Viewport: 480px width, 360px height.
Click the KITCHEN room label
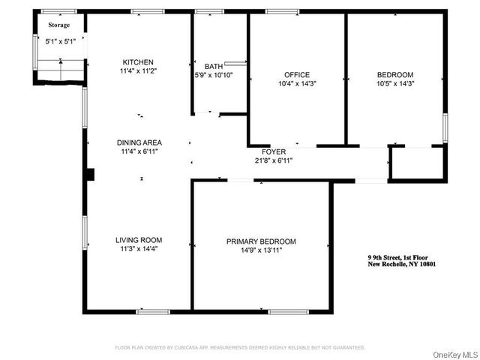(x=139, y=61)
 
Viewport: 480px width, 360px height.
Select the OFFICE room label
(x=297, y=74)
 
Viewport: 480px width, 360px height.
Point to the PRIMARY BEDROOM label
(x=261, y=241)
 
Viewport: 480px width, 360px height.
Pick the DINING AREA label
(x=139, y=142)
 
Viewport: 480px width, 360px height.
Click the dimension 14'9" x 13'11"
(x=261, y=250)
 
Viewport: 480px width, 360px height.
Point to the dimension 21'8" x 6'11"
(x=274, y=160)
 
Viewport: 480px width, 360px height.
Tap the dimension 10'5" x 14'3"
(x=394, y=83)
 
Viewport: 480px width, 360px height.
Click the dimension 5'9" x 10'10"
(x=214, y=75)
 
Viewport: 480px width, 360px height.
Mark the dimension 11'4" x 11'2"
(x=139, y=70)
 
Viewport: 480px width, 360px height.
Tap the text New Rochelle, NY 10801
(x=402, y=264)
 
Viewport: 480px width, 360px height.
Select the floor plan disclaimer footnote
(x=239, y=347)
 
